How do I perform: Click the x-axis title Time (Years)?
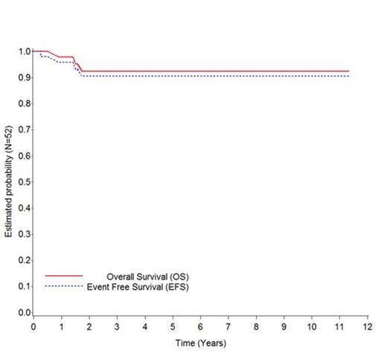click(x=200, y=343)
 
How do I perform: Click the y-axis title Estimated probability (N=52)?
click(x=8, y=182)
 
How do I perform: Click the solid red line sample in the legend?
click(x=64, y=276)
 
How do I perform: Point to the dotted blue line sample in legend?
click(x=64, y=286)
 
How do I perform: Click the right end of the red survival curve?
click(x=348, y=71)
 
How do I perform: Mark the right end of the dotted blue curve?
click(x=348, y=77)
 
